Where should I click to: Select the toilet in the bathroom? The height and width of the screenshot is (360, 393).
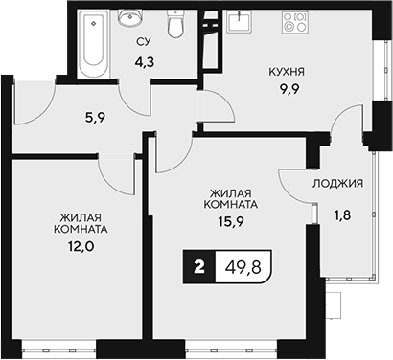[x=174, y=26]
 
